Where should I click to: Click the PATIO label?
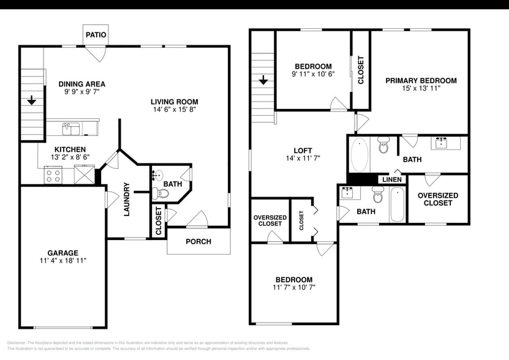point(96,35)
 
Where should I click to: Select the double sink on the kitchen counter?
point(71,129)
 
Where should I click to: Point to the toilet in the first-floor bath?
point(162,193)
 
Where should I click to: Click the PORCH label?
point(198,242)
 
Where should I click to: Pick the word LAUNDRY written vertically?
point(127,199)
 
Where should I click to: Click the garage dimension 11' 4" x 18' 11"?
point(63,261)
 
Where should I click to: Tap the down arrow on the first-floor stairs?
point(30,101)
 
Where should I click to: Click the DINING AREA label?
point(81,84)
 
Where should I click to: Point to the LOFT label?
point(303,151)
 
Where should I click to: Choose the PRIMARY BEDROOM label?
point(421,81)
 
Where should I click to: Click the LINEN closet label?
point(392,179)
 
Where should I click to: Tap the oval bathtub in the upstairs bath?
point(360,155)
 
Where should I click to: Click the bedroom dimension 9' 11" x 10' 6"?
point(313,75)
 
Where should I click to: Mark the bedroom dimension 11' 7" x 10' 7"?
point(295,287)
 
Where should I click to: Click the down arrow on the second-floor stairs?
point(263,80)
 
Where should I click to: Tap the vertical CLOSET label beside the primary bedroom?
point(361,70)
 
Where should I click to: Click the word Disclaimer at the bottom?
point(18,343)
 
